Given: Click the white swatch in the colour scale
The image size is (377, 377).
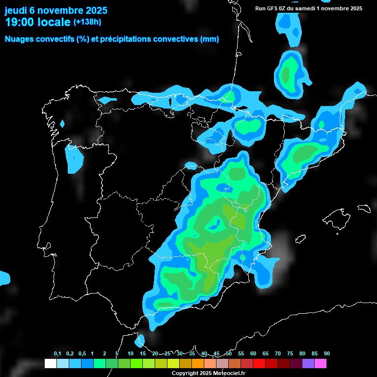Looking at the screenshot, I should coord(50,363).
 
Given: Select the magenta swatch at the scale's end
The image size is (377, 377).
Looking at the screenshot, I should coord(321,363).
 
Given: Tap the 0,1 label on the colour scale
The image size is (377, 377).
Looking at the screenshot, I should coord(57,354).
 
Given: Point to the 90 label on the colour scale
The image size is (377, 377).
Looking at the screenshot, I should coord(327,354).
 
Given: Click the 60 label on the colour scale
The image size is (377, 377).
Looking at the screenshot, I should coord(253,354).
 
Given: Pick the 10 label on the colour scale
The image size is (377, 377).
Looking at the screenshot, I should coord(131,354).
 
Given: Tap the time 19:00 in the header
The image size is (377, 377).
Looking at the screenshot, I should coord(21,22).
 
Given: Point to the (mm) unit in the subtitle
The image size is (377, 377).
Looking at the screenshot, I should coord(210,39).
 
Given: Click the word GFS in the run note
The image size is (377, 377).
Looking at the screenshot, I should coord(273,8).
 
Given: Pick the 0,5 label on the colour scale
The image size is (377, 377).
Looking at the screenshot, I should coord(81,354).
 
